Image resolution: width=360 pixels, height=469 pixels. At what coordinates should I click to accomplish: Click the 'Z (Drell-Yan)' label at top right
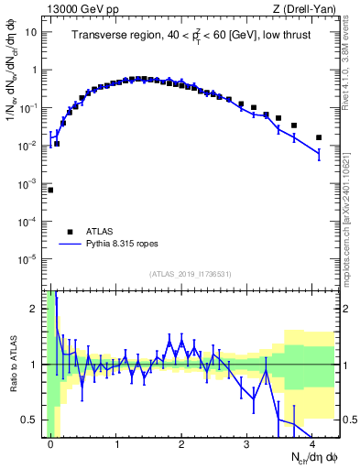click(x=308, y=9)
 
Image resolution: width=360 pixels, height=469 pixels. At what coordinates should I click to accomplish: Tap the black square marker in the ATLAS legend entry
click(x=70, y=232)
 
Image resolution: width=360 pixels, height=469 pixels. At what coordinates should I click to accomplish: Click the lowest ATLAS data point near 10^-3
click(x=50, y=190)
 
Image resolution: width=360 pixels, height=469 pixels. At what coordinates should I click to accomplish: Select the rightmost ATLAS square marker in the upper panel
click(x=319, y=137)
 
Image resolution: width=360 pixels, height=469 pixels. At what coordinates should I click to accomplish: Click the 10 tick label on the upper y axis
click(x=31, y=32)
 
